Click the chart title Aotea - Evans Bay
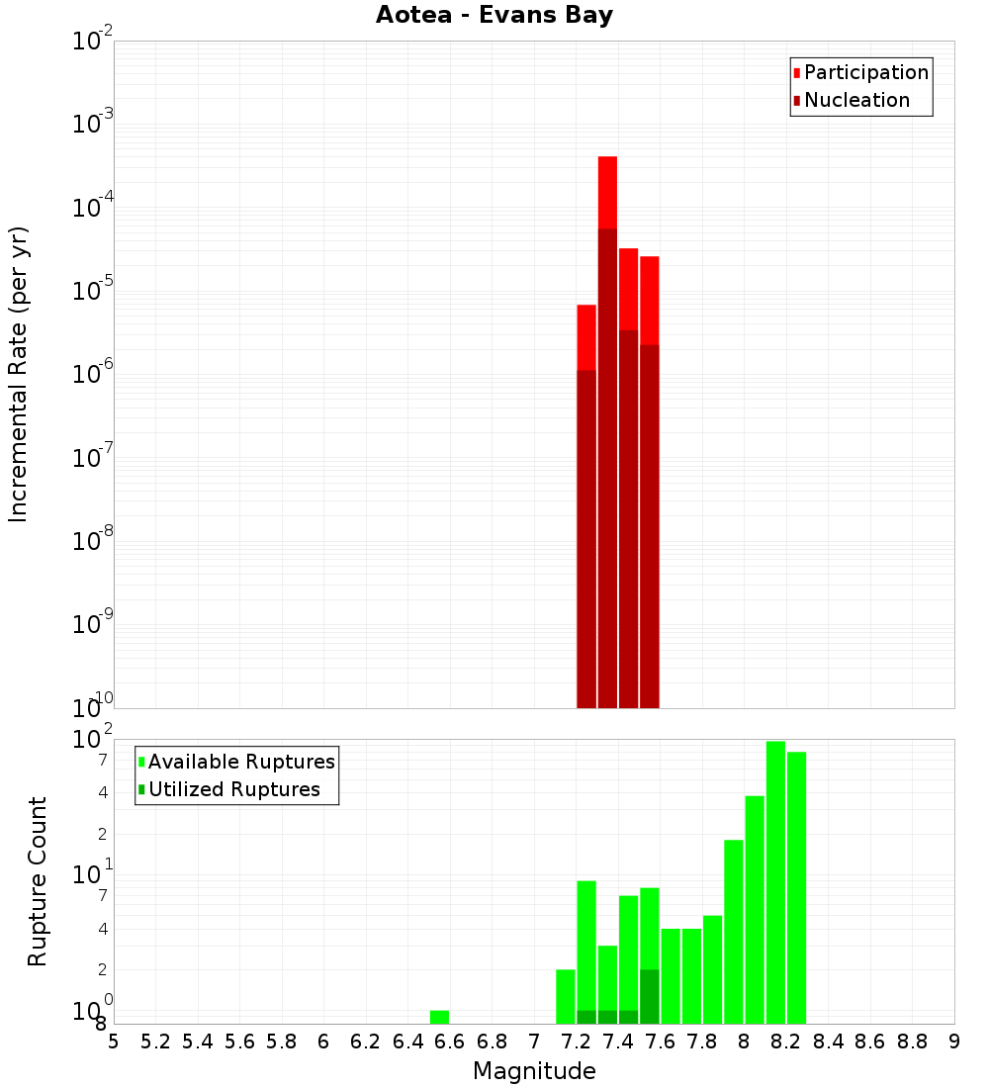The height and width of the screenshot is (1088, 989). point(494,16)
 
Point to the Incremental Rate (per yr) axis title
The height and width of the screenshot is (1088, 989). point(19,374)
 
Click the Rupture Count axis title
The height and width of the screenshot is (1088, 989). point(38,881)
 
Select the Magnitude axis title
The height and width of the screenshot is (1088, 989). point(534,1071)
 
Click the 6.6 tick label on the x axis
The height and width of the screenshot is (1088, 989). point(450,1042)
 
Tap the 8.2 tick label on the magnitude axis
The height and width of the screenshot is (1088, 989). point(786,1042)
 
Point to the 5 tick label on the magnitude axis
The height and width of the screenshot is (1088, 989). point(114,1042)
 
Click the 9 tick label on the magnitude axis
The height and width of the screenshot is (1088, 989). point(954,1042)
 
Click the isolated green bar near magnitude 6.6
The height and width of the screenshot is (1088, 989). point(439,1017)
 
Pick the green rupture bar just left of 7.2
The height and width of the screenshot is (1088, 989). point(566,996)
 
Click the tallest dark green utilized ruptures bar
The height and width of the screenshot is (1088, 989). point(650,996)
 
